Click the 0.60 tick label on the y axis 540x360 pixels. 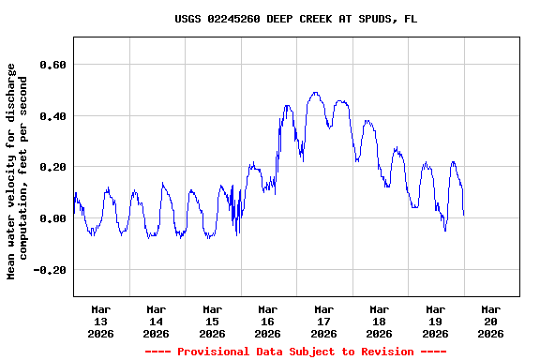(x=52, y=65)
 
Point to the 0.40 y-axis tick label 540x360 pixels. (x=52, y=116)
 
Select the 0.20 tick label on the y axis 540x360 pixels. (x=52, y=167)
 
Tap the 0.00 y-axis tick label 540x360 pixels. (x=52, y=218)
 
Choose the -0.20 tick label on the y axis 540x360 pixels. (x=50, y=270)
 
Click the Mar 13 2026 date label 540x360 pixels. (x=101, y=321)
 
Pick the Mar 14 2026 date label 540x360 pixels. (x=157, y=321)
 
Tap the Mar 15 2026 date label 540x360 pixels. (x=213, y=321)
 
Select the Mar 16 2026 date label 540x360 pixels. (x=268, y=321)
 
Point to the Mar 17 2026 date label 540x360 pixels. (x=324, y=321)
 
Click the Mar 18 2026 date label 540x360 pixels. (x=380, y=321)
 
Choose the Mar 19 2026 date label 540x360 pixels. (x=436, y=321)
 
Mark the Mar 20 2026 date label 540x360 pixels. (x=491, y=321)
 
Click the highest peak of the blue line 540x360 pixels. (x=315, y=93)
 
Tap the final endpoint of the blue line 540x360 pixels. (x=463, y=215)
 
